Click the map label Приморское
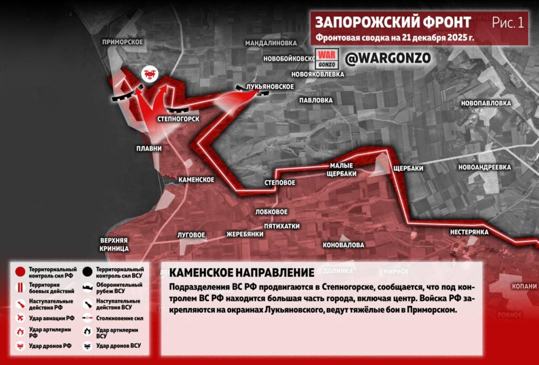click(x=123, y=42)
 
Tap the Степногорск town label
click(x=178, y=119)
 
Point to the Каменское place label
click(x=196, y=180)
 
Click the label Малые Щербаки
click(x=342, y=170)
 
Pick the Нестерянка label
click(x=470, y=232)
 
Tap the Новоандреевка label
click(x=485, y=167)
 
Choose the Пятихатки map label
click(x=282, y=226)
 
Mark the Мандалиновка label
click(x=271, y=42)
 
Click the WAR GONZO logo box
click(x=325, y=58)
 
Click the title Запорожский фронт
click(x=393, y=23)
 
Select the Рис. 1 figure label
click(x=508, y=23)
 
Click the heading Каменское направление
click(x=242, y=273)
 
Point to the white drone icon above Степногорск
click(x=149, y=74)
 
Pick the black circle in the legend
click(x=88, y=272)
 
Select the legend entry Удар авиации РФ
click(x=52, y=318)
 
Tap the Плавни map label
click(x=149, y=149)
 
